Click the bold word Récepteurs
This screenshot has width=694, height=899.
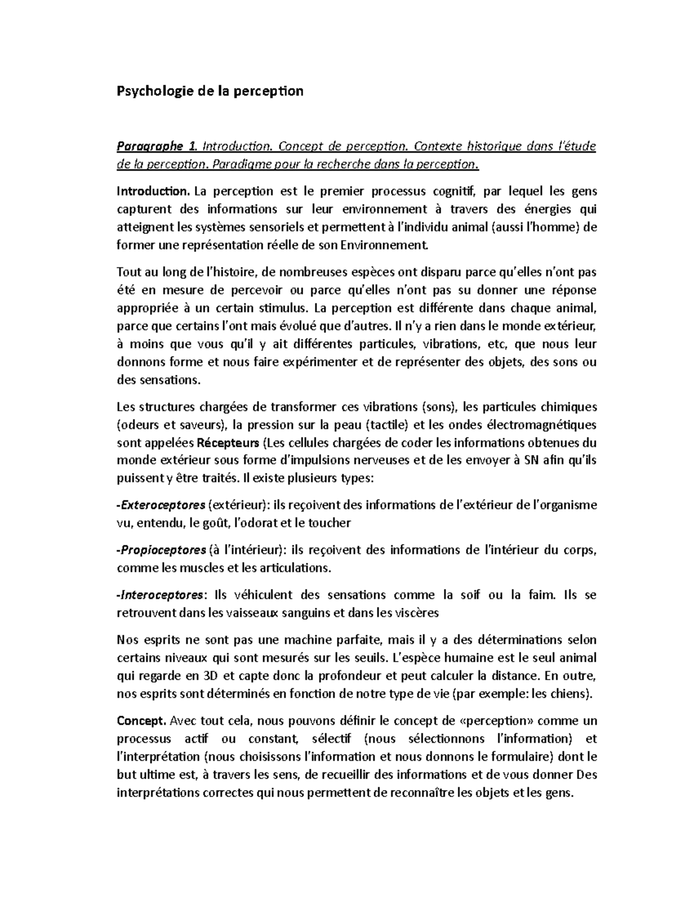coord(228,443)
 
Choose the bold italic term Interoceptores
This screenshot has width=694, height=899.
coord(161,595)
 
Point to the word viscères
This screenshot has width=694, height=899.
coord(417,612)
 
